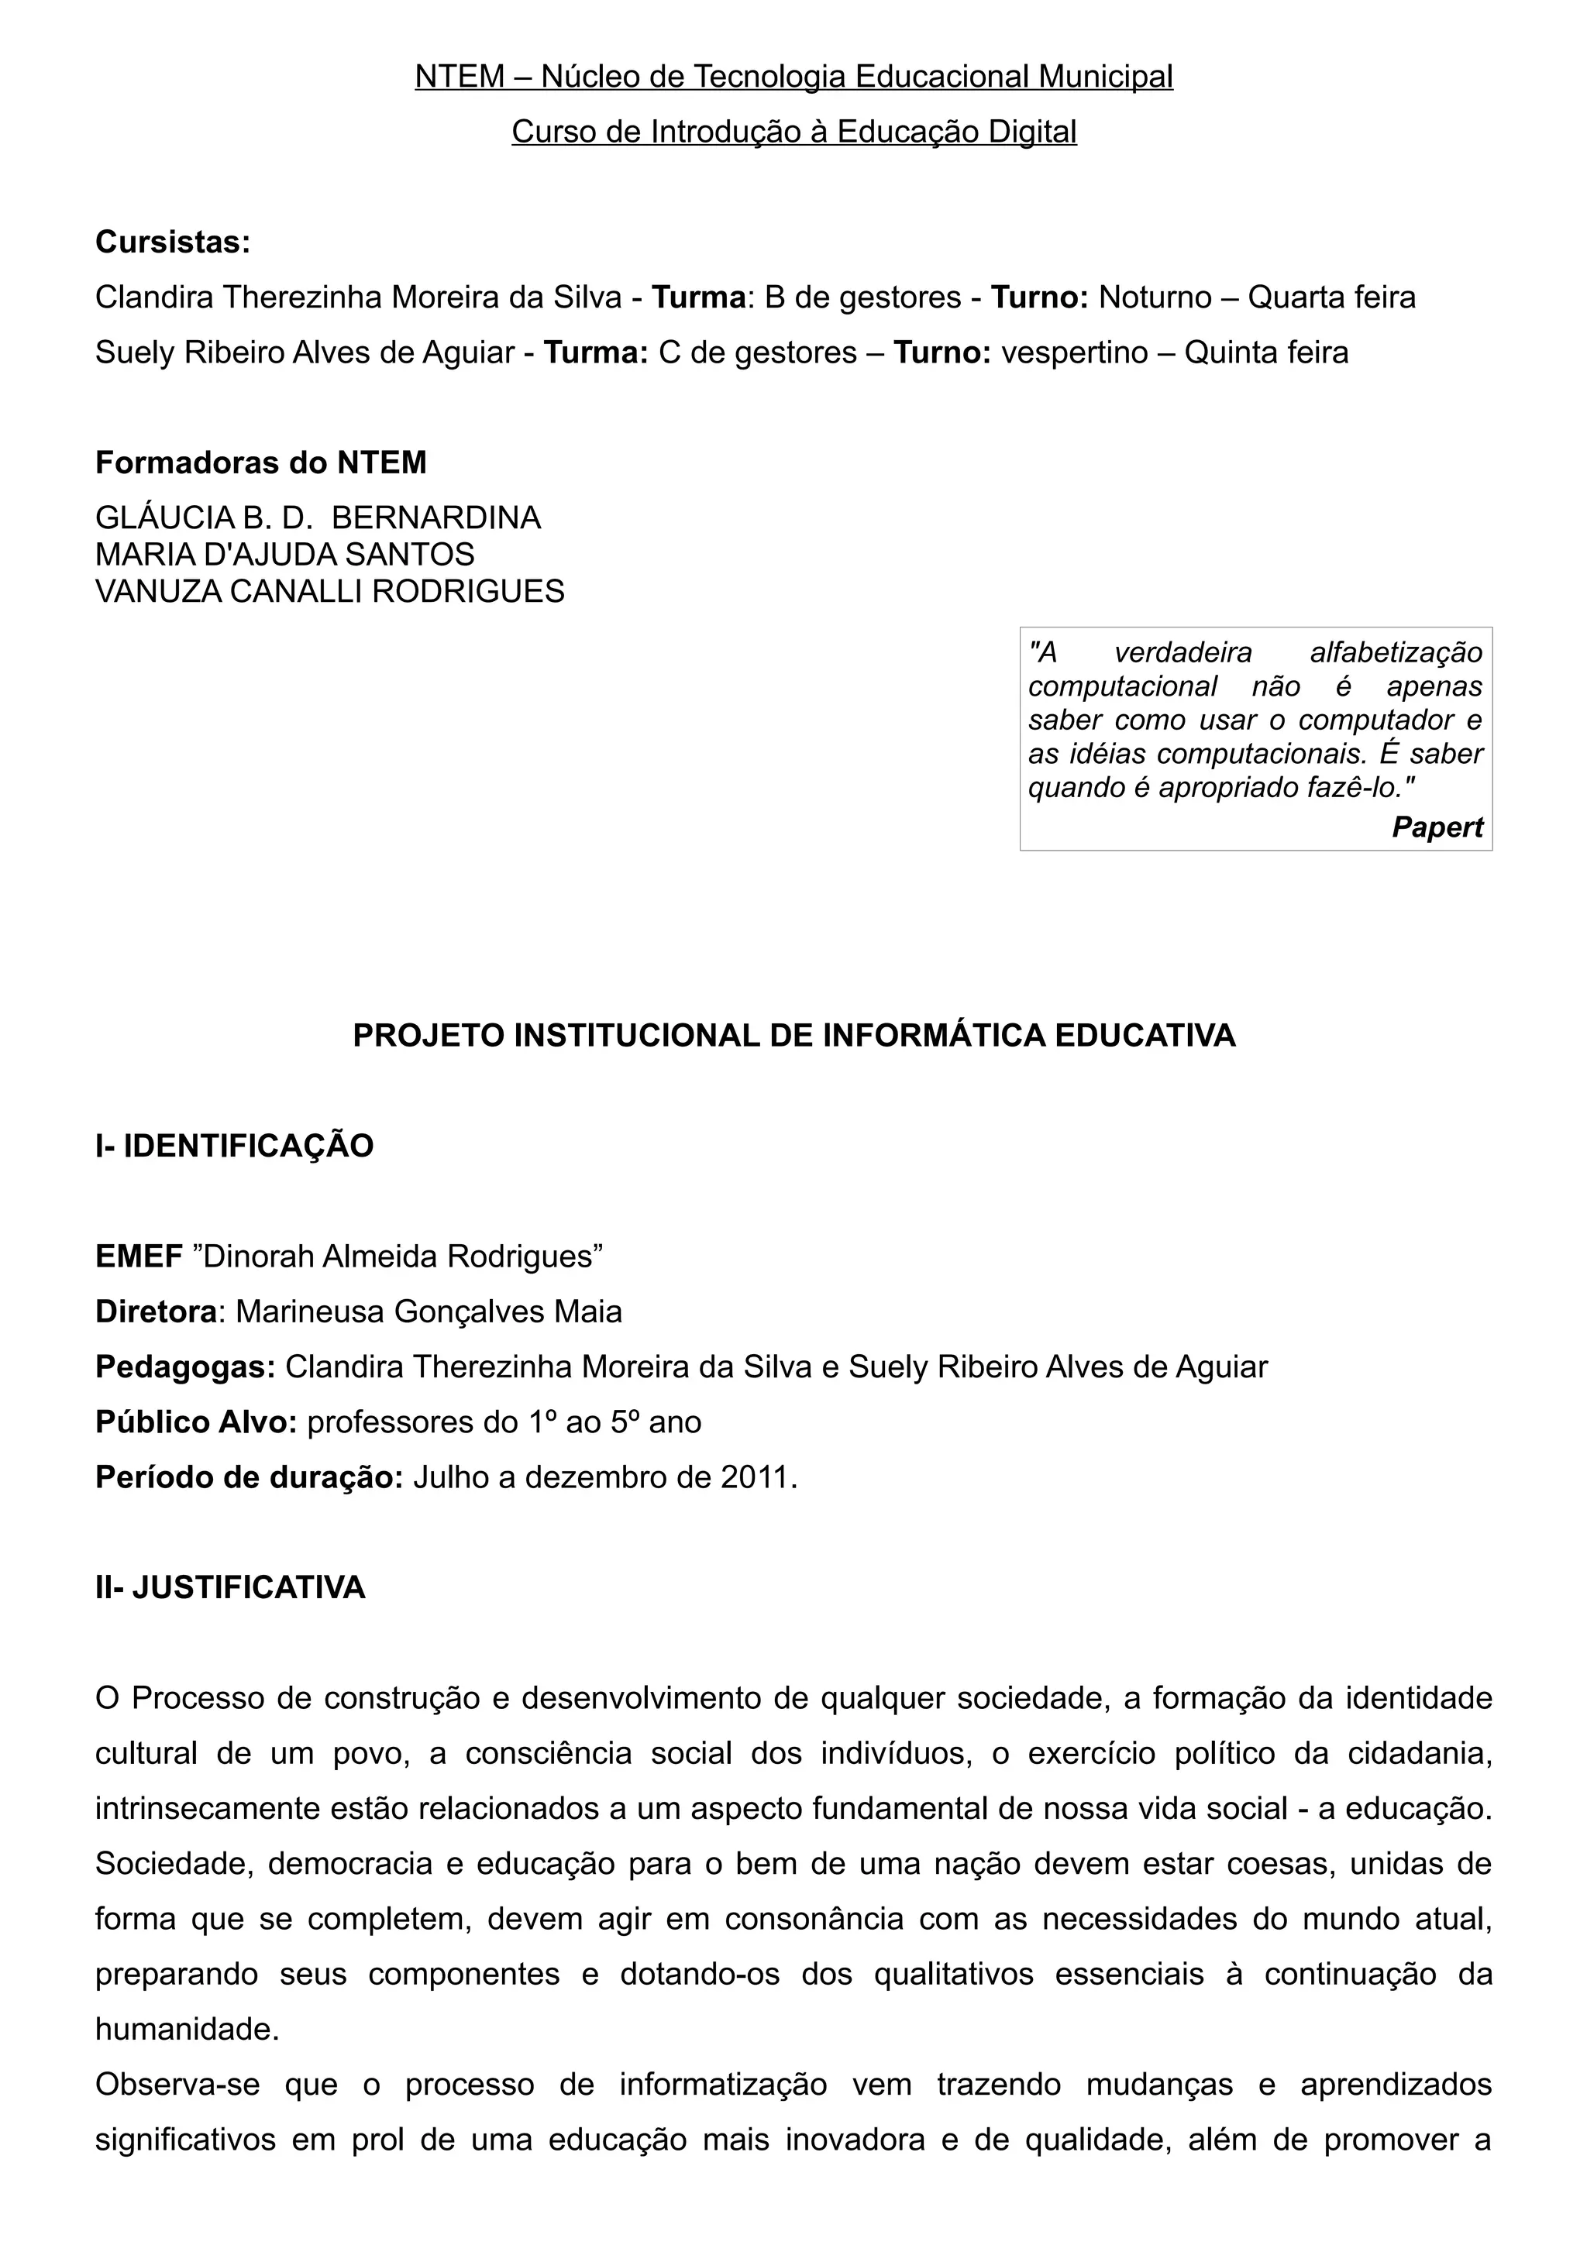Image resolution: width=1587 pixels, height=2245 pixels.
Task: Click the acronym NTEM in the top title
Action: click(x=460, y=76)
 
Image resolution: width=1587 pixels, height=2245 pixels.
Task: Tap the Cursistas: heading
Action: click(x=173, y=242)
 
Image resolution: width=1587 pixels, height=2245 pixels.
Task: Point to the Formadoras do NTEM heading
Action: click(x=261, y=462)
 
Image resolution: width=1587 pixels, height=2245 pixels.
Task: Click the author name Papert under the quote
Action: click(x=1437, y=827)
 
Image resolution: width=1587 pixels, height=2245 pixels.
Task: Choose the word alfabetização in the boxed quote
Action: click(x=1396, y=652)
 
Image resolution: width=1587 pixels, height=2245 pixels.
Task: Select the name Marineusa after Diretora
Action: click(x=310, y=1312)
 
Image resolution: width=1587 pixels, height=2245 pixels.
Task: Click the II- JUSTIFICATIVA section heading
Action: click(x=231, y=1588)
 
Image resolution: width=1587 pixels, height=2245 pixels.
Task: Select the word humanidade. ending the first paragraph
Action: click(x=188, y=2030)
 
